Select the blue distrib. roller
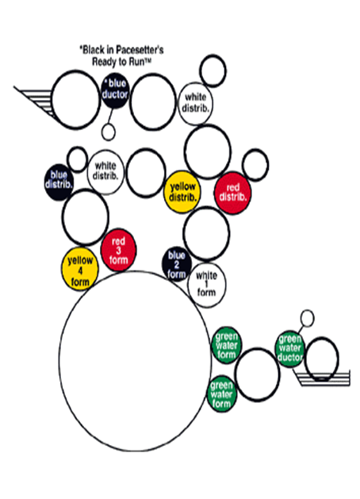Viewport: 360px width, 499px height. tap(59, 182)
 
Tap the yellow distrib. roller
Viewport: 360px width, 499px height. tap(182, 192)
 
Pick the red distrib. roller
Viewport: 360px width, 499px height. tap(233, 193)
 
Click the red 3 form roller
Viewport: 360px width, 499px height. tap(119, 250)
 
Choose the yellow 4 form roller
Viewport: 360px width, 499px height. tap(80, 269)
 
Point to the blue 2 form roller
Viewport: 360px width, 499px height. tap(177, 264)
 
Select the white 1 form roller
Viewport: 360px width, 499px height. tap(207, 285)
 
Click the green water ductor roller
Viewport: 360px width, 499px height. tap(289, 349)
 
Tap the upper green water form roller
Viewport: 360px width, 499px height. tap(227, 345)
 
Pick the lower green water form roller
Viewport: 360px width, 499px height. tap(222, 394)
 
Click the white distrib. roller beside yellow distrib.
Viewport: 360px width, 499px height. tap(195, 104)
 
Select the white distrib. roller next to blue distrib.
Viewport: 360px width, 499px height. tap(105, 172)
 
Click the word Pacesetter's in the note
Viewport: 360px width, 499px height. tap(140, 50)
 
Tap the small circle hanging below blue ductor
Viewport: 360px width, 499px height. tap(109, 132)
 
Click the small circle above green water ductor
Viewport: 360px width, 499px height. tap(307, 318)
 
